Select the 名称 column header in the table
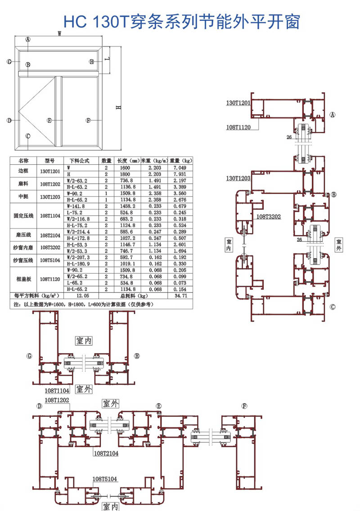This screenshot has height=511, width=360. pos(23,160)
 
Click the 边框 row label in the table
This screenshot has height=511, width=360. pos(23,170)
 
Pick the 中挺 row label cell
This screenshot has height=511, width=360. pos(23,196)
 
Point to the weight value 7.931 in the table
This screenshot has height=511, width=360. pos(180,174)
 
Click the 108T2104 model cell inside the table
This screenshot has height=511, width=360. pos(49,235)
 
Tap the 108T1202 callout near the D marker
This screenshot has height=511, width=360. pos(57,399)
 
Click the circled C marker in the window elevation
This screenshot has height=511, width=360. pos(28,136)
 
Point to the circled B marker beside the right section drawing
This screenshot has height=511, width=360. pos(333,195)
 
